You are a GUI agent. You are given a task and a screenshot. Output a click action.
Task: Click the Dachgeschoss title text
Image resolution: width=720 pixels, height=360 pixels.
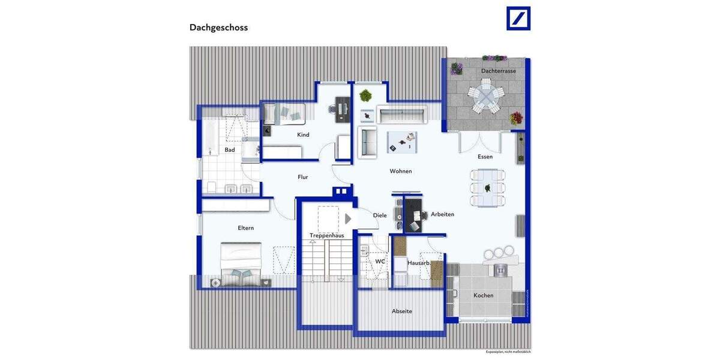tap(218, 28)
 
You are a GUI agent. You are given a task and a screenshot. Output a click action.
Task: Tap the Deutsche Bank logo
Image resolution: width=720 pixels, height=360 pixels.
tap(518, 18)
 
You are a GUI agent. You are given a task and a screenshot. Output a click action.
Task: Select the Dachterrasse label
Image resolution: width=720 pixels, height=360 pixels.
tap(498, 71)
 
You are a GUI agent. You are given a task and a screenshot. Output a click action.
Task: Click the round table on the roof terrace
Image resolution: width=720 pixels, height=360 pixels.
tap(484, 99)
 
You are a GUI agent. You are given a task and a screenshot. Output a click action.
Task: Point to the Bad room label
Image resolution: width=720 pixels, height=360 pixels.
tap(230, 150)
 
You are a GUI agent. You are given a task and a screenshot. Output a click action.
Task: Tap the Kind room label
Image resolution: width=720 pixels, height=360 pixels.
tap(303, 135)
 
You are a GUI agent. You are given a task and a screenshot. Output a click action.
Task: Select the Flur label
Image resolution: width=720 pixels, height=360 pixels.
tap(303, 177)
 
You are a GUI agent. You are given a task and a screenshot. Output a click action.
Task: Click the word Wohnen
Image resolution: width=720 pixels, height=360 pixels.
tap(401, 172)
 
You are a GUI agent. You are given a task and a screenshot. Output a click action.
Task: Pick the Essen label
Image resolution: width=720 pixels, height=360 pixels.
tap(485, 157)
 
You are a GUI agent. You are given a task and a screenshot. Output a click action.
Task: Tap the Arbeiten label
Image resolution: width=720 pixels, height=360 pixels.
tap(442, 215)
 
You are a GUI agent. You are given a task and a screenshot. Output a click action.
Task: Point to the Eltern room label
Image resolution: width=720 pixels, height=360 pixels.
tap(246, 228)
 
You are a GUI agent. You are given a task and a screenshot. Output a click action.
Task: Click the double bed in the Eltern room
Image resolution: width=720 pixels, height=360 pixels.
tap(240, 261)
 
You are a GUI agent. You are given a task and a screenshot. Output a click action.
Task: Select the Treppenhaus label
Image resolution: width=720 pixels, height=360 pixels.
tap(326, 236)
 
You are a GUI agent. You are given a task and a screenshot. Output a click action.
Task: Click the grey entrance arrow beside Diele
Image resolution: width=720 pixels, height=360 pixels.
tap(348, 219)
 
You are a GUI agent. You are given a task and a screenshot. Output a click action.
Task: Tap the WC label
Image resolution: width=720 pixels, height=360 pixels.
tap(380, 262)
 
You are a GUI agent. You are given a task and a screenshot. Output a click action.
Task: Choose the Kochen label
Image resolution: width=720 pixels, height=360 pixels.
tap(483, 295)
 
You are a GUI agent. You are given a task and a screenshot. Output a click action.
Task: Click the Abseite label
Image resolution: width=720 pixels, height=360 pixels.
tap(401, 311)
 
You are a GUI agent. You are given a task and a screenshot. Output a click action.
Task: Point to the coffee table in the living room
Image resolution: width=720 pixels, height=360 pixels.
tap(402, 142)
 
